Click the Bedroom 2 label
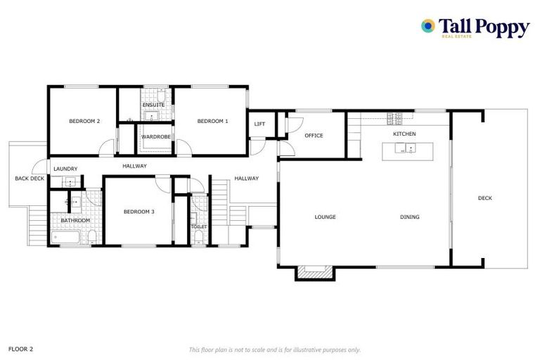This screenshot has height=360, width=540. coord(84,122)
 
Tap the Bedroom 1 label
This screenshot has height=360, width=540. coord(212,122)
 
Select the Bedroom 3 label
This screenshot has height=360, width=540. coord(139,212)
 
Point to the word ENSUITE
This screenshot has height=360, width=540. coord(153,105)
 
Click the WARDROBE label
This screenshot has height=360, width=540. coord(156,136)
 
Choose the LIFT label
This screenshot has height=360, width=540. coord(259,124)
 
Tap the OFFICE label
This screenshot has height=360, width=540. coord(314,136)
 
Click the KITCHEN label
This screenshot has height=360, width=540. coord(404,134)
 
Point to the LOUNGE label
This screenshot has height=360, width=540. coord(325,217)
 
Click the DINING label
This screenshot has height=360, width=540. coord(410,217)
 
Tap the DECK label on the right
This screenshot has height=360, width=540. coord(485,198)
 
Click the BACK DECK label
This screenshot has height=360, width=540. coord(30,179)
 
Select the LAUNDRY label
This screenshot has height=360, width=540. coord(65,169)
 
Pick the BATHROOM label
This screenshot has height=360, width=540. coord(75,221)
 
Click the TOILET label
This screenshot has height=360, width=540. coord(199,227)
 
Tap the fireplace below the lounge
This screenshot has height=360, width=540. coord(314,271)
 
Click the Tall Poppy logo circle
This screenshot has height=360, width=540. coord(427,26)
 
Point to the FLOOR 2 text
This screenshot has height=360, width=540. coord(20,349)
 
